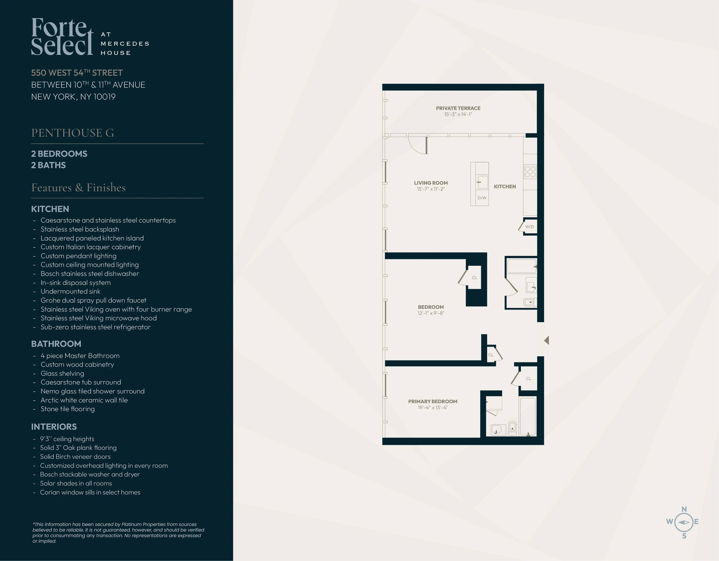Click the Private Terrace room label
tap(458, 108)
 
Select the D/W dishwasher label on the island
tap(482, 198)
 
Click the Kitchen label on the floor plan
tap(504, 186)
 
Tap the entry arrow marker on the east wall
tap(547, 340)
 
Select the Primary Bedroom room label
tap(433, 401)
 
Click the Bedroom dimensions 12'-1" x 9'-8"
tap(431, 313)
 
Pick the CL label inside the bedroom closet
tap(474, 278)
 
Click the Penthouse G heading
tap(72, 133)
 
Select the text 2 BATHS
tap(48, 165)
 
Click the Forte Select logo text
tap(62, 37)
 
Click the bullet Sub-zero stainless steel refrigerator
tap(95, 327)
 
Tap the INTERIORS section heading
tap(54, 427)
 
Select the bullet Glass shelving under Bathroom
tap(62, 374)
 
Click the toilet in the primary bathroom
tap(512, 428)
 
